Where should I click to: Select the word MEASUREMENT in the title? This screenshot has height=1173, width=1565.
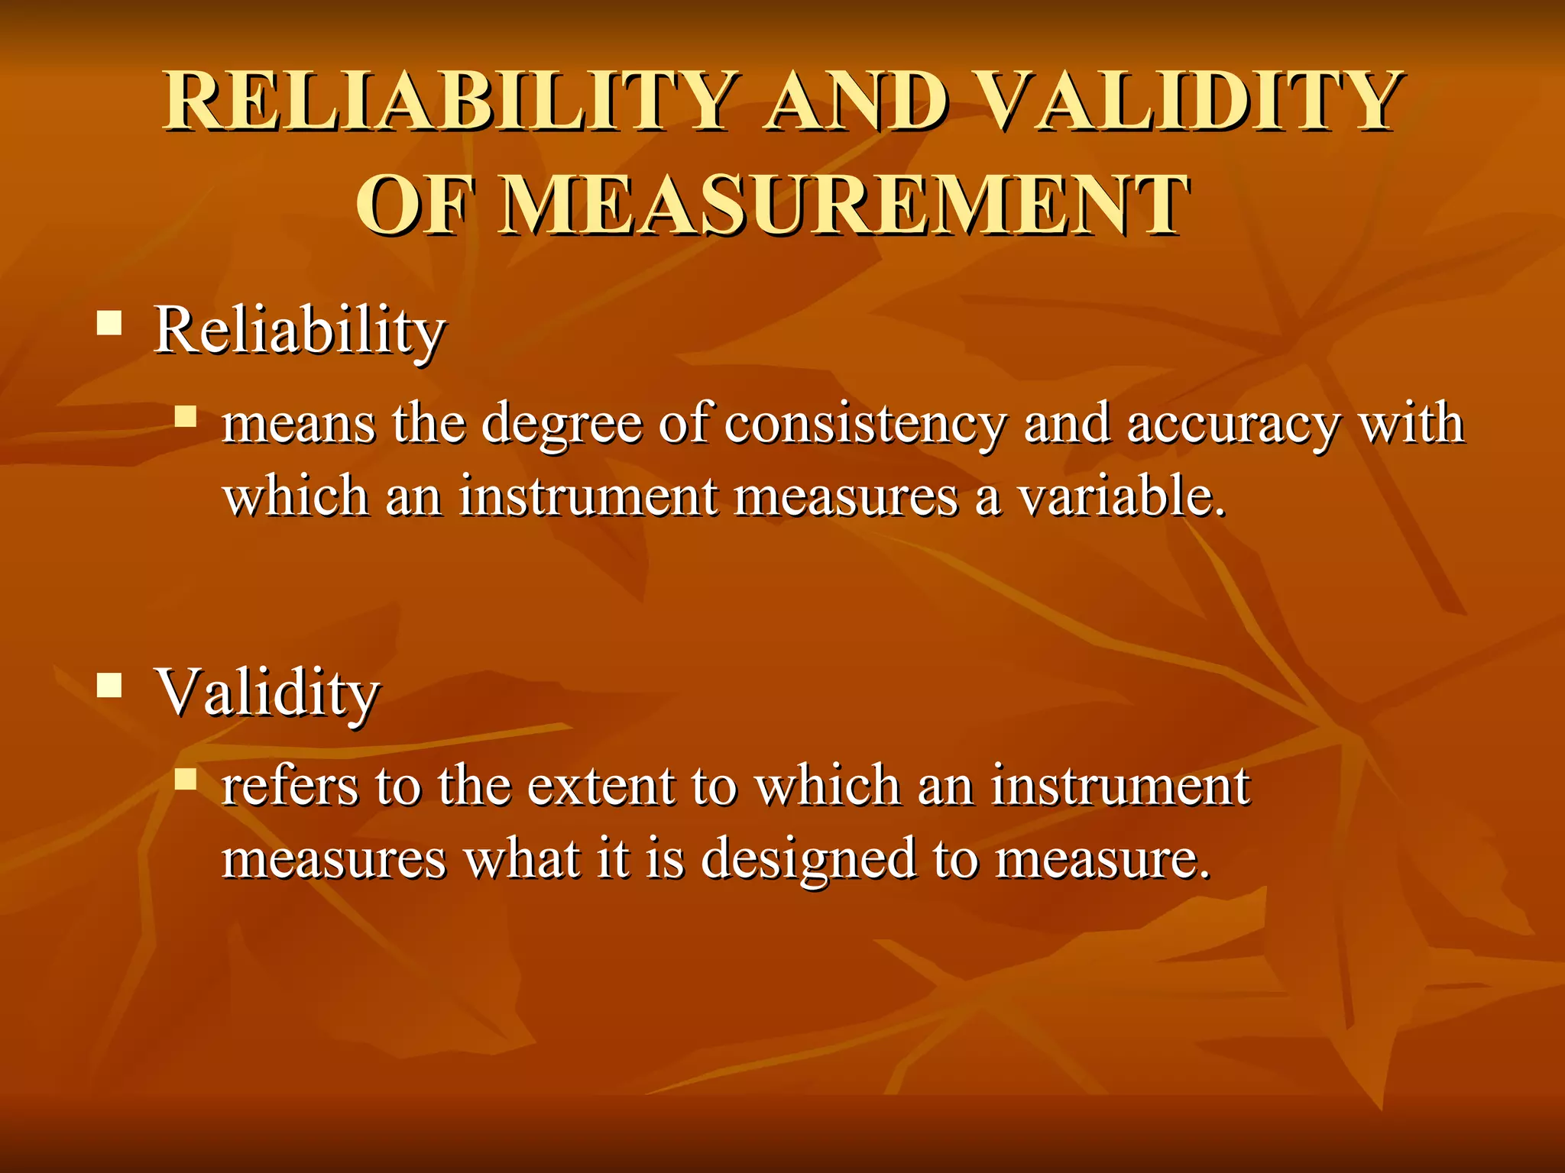pyautogui.click(x=844, y=205)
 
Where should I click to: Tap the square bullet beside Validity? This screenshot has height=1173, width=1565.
pyautogui.click(x=110, y=685)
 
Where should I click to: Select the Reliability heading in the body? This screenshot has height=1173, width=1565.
pyautogui.click(x=300, y=330)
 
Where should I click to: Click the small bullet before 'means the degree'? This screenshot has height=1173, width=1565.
pyautogui.click(x=185, y=416)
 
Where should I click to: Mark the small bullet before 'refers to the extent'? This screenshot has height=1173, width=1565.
pyautogui.click(x=185, y=779)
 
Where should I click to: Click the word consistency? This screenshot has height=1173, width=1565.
pyautogui.click(x=864, y=425)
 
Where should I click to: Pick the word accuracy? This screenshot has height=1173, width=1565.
pyautogui.click(x=1233, y=425)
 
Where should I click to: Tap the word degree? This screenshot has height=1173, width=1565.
pyautogui.click(x=562, y=425)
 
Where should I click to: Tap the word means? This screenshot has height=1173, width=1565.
pyautogui.click(x=298, y=425)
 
